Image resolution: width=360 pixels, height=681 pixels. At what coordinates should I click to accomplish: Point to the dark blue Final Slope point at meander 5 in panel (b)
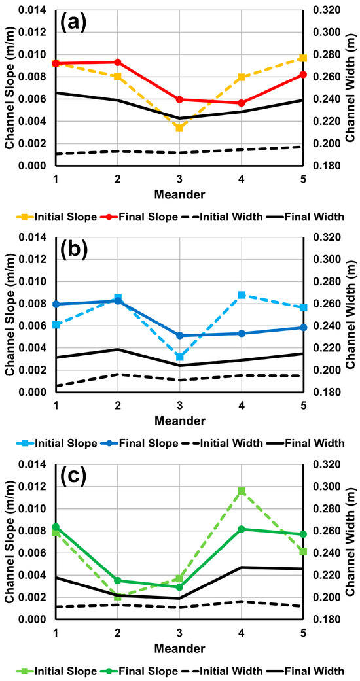coord(302,328)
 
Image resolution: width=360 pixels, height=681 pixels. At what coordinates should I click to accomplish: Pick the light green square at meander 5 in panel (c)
coord(302,551)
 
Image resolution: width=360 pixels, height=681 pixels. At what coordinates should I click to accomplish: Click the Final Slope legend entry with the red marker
coord(141,216)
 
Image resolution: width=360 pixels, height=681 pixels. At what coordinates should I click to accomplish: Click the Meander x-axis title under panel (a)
coord(179,194)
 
